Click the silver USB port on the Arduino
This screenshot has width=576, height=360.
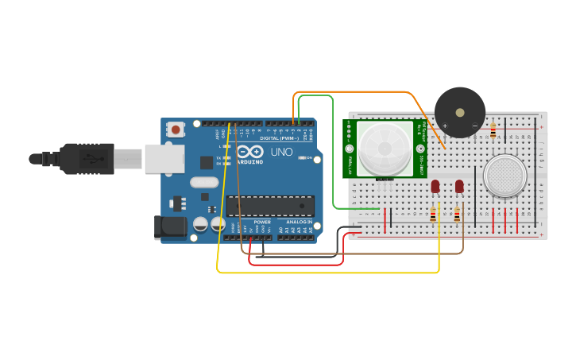[164, 159]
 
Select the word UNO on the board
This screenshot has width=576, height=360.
[282, 152]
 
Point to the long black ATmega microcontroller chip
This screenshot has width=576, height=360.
[269, 206]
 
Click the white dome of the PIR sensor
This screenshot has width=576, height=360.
[385, 149]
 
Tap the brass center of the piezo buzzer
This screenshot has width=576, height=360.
[459, 112]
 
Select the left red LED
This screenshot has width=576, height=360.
[435, 186]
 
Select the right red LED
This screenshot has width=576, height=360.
[459, 186]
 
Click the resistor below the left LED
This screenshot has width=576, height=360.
[433, 215]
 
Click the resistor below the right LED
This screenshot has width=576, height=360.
[457, 215]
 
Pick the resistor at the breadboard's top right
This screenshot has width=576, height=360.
[493, 130]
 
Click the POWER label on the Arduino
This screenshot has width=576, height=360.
[262, 223]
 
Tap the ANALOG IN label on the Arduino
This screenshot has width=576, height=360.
[299, 223]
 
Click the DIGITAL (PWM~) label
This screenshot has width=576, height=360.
[274, 138]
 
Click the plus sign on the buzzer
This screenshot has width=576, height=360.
[445, 125]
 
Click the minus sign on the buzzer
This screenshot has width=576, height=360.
[475, 125]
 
